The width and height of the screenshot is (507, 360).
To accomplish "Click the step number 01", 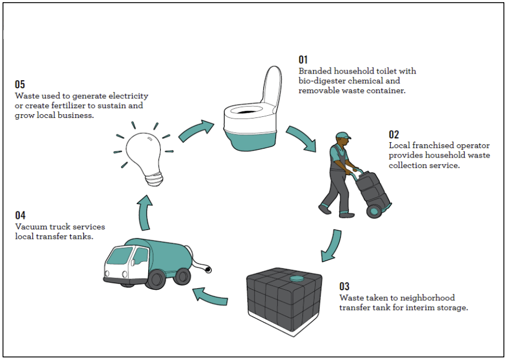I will point(303,60).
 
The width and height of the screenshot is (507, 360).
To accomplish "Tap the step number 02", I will point(394,134).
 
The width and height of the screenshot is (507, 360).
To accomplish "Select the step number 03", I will point(344,286).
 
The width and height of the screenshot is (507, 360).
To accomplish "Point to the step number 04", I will point(20,216).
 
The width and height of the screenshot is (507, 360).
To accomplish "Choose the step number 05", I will point(20,85).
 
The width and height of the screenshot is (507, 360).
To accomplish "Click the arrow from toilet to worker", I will point(302,138).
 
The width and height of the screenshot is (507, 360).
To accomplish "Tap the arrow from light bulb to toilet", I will point(196,131).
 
